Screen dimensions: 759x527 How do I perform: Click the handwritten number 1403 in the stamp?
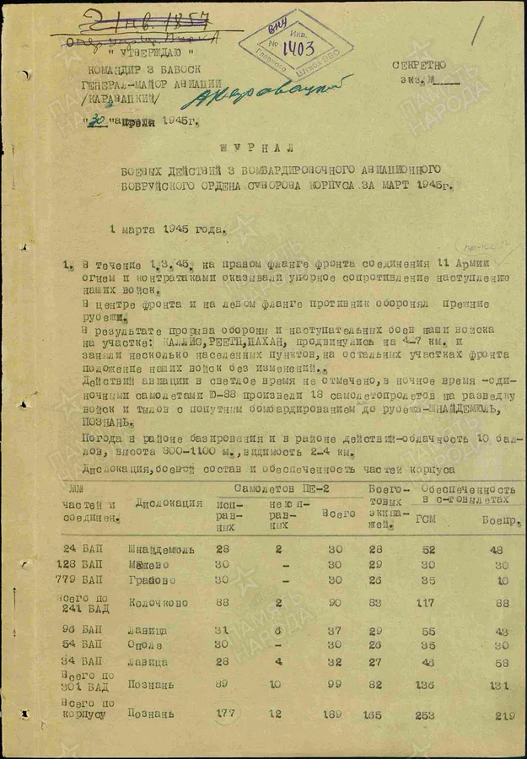point(296,48)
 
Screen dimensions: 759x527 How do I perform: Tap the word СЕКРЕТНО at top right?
point(420,67)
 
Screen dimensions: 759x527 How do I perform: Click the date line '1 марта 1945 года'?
point(167,228)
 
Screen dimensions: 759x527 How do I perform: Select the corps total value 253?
point(427,714)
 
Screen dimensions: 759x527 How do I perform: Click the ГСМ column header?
point(426,519)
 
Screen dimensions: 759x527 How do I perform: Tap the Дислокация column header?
point(169,503)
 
